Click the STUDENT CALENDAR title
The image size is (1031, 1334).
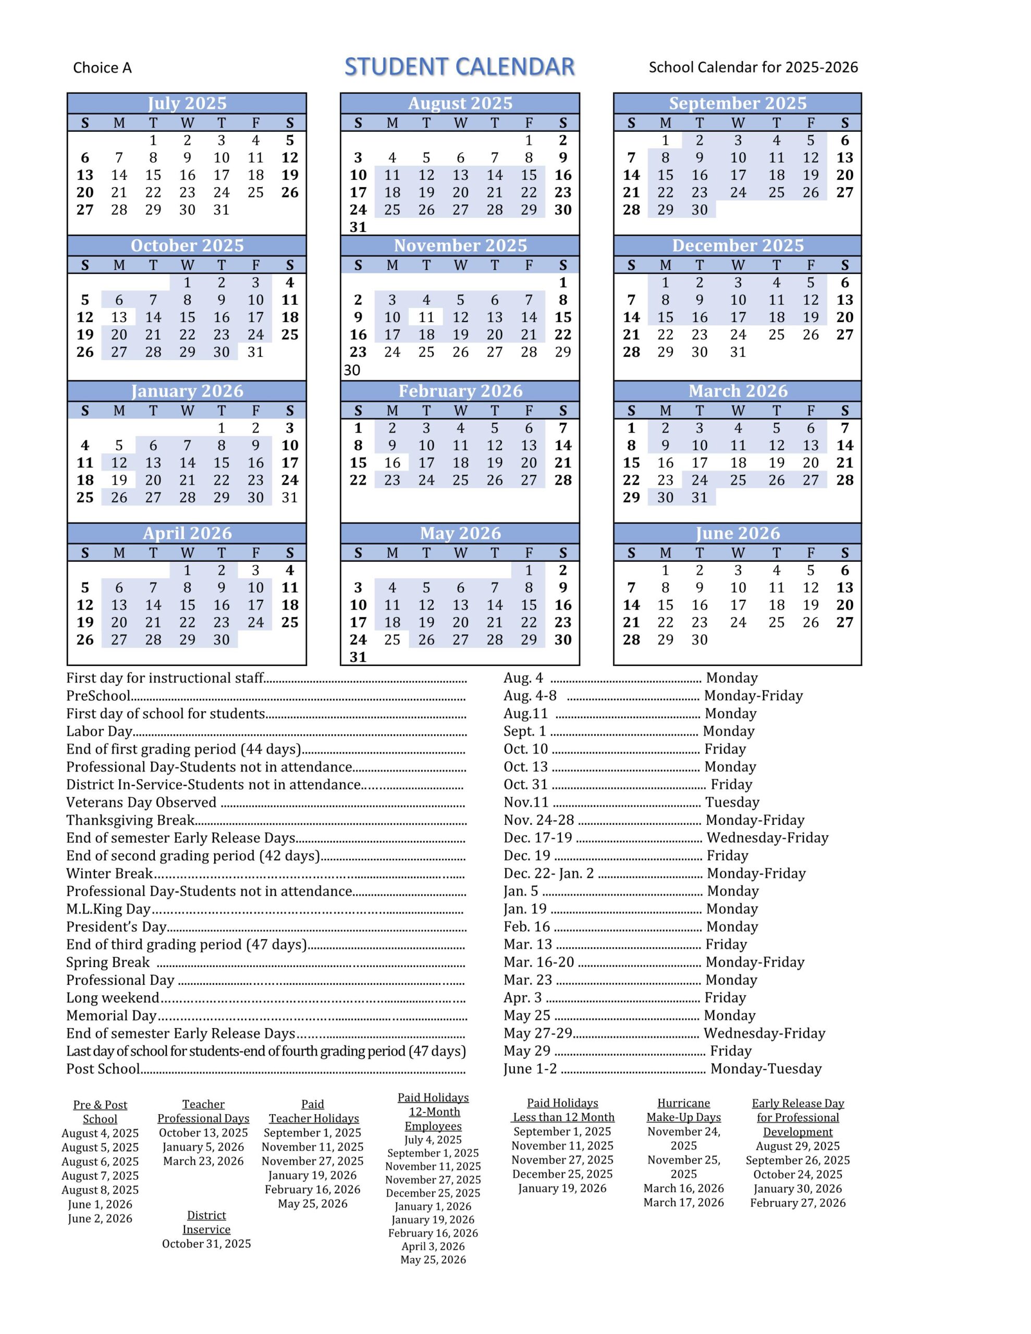[459, 67]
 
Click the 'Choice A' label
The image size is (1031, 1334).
[102, 68]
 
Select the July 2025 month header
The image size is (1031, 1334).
[187, 103]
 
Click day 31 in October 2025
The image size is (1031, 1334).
[255, 352]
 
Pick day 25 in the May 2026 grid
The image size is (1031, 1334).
[392, 639]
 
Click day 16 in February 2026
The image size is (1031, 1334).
[392, 462]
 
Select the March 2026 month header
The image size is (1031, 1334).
[737, 391]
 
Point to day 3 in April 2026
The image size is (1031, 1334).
[255, 570]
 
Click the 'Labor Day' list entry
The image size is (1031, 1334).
[99, 731]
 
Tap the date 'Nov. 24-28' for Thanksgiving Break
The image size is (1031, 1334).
[538, 820]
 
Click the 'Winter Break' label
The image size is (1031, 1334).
[109, 873]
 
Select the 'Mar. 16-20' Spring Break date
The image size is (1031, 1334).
[538, 962]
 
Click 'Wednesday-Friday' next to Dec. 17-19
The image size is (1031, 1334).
[767, 837]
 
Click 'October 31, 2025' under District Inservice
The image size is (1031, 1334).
[206, 1244]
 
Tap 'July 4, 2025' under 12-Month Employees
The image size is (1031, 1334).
[433, 1140]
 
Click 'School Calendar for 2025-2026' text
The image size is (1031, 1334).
[753, 67]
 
